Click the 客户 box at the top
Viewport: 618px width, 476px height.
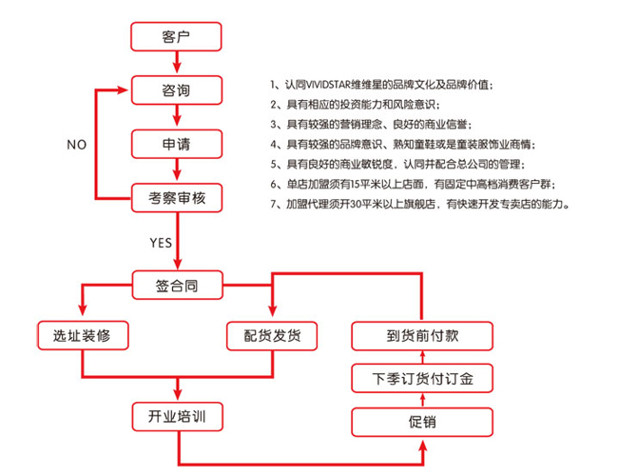(x=176, y=37)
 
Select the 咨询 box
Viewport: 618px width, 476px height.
(x=176, y=91)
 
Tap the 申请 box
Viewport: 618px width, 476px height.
(x=176, y=145)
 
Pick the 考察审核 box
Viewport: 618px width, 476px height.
(x=176, y=198)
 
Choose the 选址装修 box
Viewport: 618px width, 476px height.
(x=82, y=335)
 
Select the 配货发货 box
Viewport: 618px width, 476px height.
(x=273, y=335)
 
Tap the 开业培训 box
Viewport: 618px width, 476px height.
(x=176, y=417)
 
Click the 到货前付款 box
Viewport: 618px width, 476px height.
(x=424, y=335)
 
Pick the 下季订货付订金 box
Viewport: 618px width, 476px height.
(x=424, y=379)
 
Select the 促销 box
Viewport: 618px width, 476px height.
(x=424, y=421)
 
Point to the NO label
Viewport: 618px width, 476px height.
(x=77, y=145)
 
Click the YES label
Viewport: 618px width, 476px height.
(x=161, y=242)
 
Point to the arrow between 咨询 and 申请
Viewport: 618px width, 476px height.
(x=176, y=118)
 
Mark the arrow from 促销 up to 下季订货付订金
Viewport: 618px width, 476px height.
(x=424, y=400)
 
